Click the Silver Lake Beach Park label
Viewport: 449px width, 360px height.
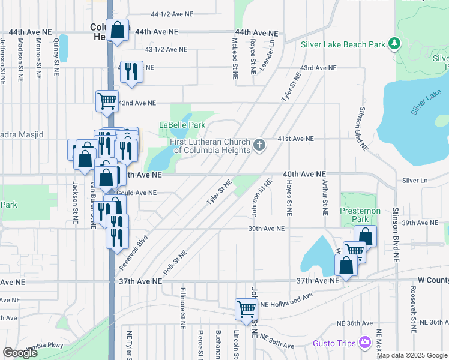343,44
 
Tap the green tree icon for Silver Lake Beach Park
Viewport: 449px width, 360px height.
394,44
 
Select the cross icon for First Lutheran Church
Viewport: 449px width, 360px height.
259,145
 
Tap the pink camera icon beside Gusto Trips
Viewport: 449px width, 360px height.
365,342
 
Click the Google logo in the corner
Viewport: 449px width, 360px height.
20,353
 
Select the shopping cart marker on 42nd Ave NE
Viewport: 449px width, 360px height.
107,101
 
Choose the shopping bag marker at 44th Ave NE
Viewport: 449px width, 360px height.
118,31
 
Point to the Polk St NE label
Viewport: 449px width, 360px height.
175,262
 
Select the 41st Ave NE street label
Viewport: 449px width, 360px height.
295,139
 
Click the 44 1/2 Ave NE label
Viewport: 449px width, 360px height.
172,13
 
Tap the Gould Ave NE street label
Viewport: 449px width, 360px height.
137,193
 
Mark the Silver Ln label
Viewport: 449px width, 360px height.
414,180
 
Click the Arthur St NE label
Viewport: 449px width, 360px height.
325,198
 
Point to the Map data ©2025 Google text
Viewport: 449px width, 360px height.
412,355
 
